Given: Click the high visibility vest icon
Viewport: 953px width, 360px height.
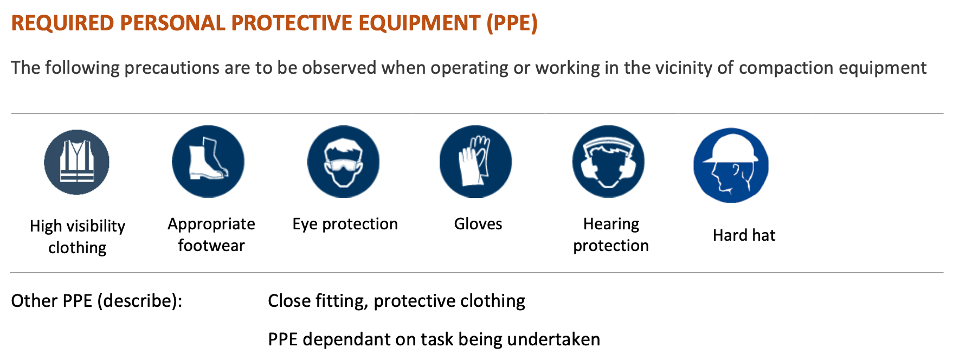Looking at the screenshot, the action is point(77,162).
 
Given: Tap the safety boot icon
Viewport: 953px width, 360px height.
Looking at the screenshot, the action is point(208,162).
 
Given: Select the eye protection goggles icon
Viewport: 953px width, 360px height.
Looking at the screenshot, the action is point(343,162).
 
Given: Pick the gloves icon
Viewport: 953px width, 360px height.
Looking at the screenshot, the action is point(475,162).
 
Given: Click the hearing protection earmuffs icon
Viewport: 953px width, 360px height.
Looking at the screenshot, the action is point(608,162).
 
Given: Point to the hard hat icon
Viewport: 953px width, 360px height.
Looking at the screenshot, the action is point(731,165).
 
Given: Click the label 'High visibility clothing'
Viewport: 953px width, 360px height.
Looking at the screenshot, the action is point(78,237).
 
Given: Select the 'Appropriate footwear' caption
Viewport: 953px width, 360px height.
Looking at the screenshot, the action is point(211,235).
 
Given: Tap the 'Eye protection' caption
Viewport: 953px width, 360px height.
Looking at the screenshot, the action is point(345,224).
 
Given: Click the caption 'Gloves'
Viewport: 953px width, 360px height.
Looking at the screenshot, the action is point(478,224).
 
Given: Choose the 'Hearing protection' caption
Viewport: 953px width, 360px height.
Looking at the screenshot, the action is point(611,235).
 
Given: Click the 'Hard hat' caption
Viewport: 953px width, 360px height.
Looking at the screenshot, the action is point(744,235).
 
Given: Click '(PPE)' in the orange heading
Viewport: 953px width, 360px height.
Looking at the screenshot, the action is point(512,23).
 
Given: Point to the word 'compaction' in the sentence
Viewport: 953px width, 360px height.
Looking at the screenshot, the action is point(787,68).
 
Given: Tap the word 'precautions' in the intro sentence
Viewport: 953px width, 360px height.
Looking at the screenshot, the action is point(187,68).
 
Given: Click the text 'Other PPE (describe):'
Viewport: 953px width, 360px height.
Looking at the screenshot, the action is point(97,301).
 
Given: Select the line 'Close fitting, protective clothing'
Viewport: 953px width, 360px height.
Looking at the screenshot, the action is point(397,301).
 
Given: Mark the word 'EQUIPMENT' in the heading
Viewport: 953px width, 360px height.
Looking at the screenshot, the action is point(419,23).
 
